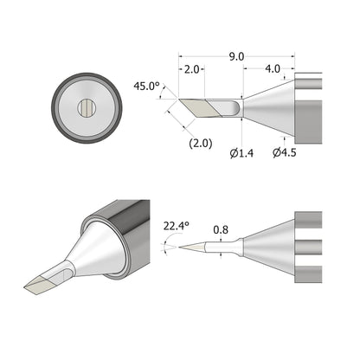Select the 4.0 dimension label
click(273, 69)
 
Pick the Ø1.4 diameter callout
click(241, 153)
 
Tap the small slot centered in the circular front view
click(86, 107)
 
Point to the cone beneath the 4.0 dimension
click(270, 107)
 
